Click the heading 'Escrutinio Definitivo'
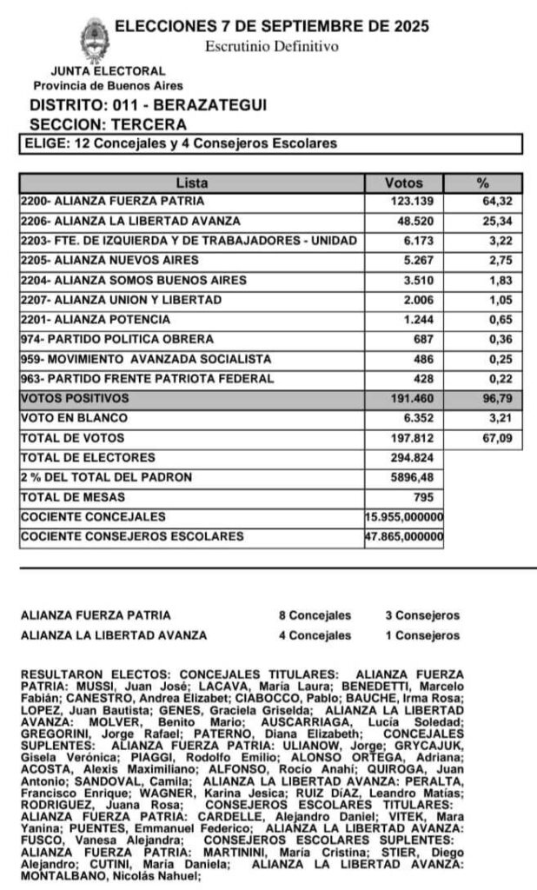pos(272,46)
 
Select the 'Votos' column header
pos(403,183)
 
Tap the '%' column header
pos(483,183)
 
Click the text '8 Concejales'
pos(315,616)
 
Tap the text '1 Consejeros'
pos(422,636)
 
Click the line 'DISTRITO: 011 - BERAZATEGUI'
pos(148,105)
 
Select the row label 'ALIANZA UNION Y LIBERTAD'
pos(122,300)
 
